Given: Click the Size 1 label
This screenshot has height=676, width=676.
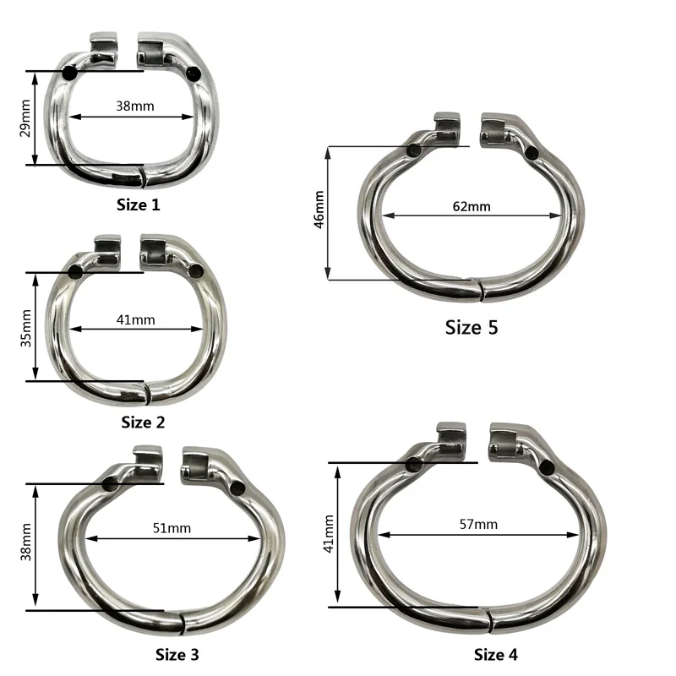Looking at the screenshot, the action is [138, 204].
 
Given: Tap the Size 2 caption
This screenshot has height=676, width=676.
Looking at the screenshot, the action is [143, 422].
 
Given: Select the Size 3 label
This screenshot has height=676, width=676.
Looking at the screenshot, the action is [177, 654].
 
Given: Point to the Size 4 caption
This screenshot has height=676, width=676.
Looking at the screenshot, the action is [495, 654].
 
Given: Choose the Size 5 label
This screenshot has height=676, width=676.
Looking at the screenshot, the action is [472, 327].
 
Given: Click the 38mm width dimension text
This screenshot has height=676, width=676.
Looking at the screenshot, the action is [135, 106].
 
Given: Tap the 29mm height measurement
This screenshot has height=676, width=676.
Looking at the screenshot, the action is [25, 118].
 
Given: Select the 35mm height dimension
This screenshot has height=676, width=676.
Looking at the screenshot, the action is [26, 328].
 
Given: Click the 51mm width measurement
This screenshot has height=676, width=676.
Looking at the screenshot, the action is [172, 528].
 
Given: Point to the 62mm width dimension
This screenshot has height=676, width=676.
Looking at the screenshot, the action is [472, 206].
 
